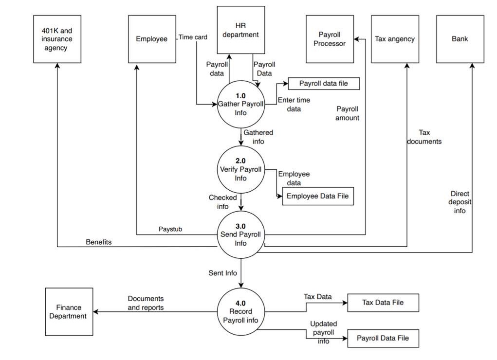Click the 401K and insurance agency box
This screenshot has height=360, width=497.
point(57,39)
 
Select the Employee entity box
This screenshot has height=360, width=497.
point(152,39)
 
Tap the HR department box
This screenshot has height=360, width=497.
point(240,30)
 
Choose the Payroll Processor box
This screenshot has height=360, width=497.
point(330,39)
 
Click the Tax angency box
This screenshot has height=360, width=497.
point(395,39)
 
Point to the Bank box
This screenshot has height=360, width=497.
point(460,39)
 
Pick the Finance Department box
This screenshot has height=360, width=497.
point(69,312)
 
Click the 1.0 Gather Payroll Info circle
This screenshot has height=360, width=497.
point(241,104)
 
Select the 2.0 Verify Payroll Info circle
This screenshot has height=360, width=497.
point(241,169)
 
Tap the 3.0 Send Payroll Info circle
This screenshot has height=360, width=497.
point(241,235)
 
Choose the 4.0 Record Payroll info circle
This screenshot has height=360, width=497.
point(241,312)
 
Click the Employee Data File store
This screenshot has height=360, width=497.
point(318,196)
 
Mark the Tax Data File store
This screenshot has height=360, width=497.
point(383,303)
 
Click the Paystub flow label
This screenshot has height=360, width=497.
point(170,229)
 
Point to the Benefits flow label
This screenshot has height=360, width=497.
point(99,242)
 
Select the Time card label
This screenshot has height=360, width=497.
point(193,37)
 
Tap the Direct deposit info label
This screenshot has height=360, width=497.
point(460,202)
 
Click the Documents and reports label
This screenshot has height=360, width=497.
point(146,303)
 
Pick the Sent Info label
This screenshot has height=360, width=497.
point(223,273)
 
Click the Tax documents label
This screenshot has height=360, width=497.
point(424,137)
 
